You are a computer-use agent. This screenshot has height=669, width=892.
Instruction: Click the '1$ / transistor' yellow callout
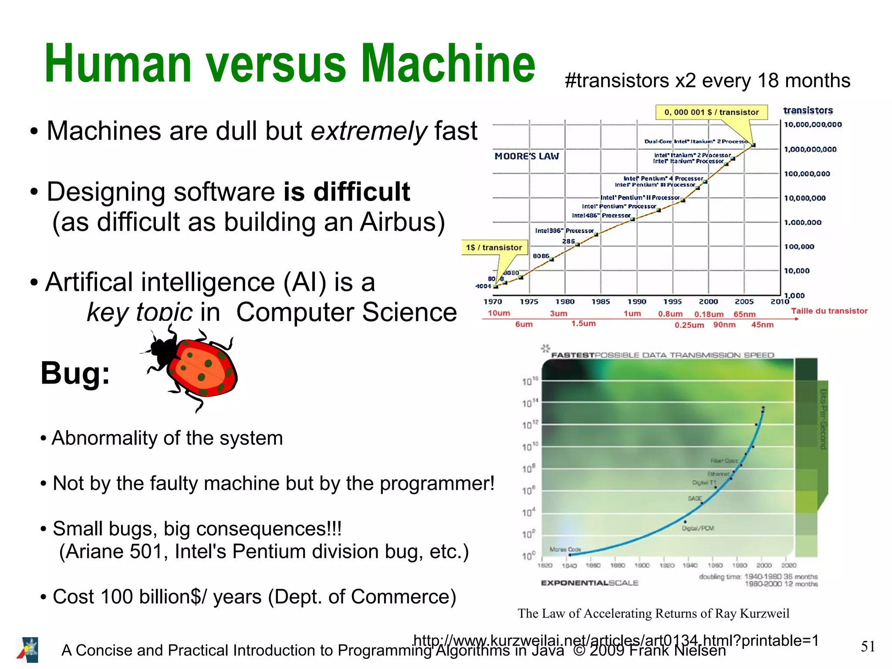pyautogui.click(x=494, y=248)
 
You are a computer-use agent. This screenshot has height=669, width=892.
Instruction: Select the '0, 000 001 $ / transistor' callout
pyautogui.click(x=711, y=112)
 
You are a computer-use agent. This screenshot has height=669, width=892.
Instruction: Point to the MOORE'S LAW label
pyautogui.click(x=527, y=156)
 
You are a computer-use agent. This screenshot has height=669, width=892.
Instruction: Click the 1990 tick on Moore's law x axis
pyautogui.click(x=637, y=302)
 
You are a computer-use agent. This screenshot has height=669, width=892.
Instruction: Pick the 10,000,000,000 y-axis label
pyautogui.click(x=813, y=125)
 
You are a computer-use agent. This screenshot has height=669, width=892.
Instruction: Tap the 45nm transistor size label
pyautogui.click(x=762, y=325)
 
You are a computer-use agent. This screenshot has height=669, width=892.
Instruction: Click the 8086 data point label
pyautogui.click(x=541, y=256)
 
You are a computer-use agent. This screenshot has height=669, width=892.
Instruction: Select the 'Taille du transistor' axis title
pyautogui.click(x=829, y=311)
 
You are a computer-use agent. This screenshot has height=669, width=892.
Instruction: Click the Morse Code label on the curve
pyautogui.click(x=565, y=549)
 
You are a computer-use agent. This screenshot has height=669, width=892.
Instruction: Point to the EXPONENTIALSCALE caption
pyautogui.click(x=589, y=583)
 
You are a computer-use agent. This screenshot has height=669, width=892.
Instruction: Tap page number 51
pyautogui.click(x=868, y=646)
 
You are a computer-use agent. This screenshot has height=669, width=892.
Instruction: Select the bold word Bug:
pyautogui.click(x=75, y=374)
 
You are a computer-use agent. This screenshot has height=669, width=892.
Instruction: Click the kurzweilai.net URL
pyautogui.click(x=616, y=640)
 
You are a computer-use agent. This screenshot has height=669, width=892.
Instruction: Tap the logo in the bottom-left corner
pyautogui.click(x=28, y=650)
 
